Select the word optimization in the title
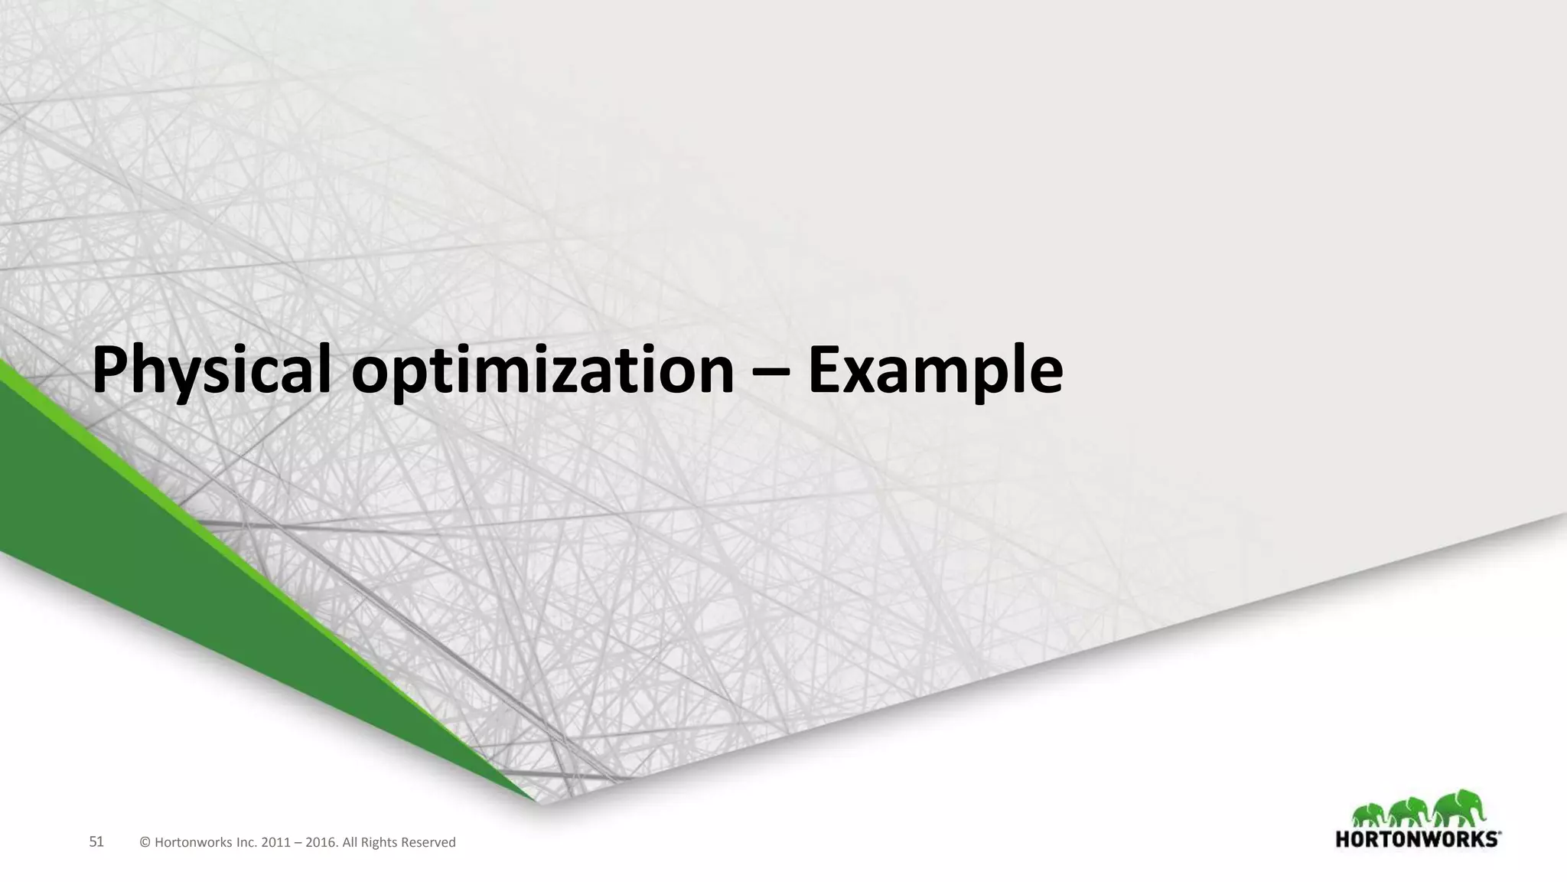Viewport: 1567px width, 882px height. point(542,371)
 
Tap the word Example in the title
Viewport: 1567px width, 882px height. point(935,371)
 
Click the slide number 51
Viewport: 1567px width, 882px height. point(96,842)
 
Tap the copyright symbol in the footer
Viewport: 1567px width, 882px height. point(145,843)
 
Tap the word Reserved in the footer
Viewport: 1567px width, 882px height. point(429,843)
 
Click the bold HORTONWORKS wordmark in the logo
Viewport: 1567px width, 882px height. point(1418,839)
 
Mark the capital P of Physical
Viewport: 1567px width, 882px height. point(111,371)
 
